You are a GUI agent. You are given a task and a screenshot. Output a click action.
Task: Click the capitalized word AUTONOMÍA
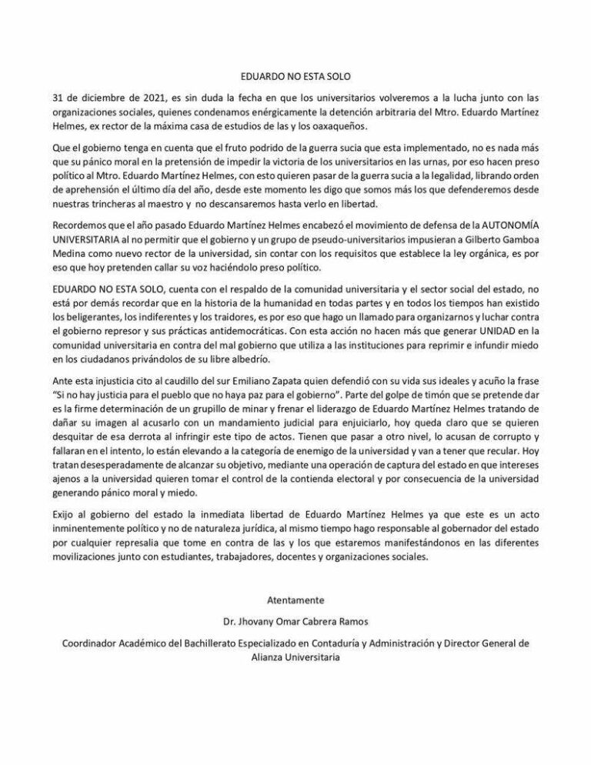point(489,230)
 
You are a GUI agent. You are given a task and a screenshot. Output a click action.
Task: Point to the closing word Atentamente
point(295,599)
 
